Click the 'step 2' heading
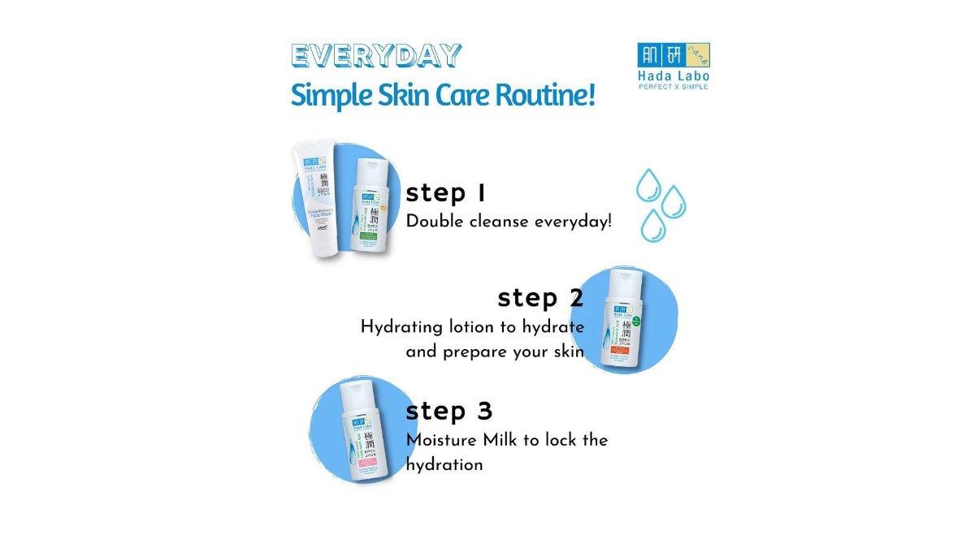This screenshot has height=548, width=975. tap(540, 298)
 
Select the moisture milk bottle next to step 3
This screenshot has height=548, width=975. tap(360, 433)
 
